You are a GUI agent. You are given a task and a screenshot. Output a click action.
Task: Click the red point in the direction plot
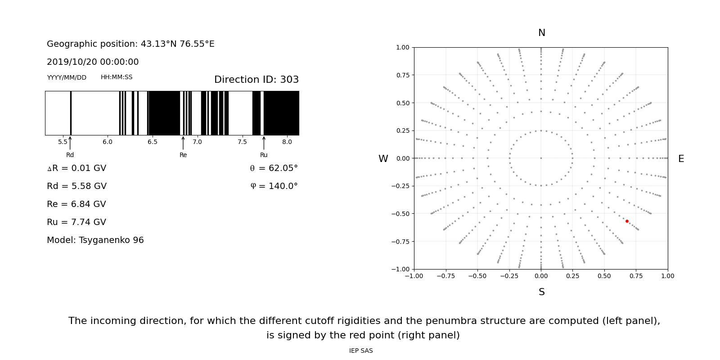click(627, 221)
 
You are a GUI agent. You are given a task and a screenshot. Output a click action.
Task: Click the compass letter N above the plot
click(542, 33)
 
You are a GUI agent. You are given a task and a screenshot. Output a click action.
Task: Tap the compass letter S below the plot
click(542, 292)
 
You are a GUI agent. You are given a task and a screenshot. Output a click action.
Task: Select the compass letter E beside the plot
click(681, 159)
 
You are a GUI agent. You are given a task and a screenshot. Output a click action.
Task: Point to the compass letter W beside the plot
click(383, 159)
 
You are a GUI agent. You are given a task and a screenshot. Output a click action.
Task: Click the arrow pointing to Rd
click(70, 143)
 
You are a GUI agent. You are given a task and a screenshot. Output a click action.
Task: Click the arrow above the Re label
click(183, 143)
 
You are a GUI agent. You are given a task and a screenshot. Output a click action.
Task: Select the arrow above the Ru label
click(264, 143)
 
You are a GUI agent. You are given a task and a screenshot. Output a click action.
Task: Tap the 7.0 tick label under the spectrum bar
click(197, 142)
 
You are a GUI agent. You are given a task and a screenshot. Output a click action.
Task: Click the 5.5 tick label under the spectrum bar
click(63, 142)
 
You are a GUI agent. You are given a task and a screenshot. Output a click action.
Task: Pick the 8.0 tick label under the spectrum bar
click(287, 142)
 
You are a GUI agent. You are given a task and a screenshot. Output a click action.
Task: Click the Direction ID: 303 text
click(256, 80)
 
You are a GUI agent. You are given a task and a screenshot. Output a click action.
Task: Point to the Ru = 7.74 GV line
click(76, 222)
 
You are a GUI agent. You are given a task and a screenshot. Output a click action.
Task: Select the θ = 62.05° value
click(274, 168)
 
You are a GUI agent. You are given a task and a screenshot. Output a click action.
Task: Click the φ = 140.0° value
click(274, 186)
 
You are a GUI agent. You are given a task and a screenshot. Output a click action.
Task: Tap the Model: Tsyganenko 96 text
click(95, 240)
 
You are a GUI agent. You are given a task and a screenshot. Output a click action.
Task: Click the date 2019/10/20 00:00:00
click(93, 62)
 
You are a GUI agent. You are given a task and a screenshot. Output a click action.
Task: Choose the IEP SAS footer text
click(361, 351)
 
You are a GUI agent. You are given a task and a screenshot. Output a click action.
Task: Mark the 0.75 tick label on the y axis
click(403, 75)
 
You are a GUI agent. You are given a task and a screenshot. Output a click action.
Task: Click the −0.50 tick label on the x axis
click(477, 276)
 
